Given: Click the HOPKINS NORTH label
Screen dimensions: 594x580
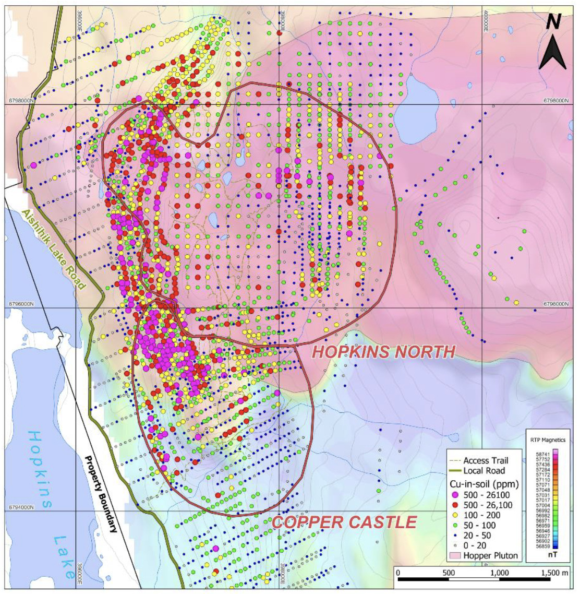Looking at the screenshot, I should pyautogui.click(x=383, y=352).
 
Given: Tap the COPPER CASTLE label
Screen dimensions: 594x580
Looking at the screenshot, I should pyautogui.click(x=344, y=522).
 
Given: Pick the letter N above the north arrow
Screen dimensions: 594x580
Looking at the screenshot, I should pyautogui.click(x=553, y=21).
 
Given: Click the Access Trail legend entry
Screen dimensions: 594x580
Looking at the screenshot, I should pyautogui.click(x=486, y=460).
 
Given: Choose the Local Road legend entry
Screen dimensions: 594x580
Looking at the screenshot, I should pyautogui.click(x=484, y=470).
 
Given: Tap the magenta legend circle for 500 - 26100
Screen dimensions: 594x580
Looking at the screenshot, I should pyautogui.click(x=455, y=495).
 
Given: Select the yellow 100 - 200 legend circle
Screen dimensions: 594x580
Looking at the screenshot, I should pyautogui.click(x=455, y=515).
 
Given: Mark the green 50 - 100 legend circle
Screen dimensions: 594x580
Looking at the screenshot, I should pyautogui.click(x=455, y=526).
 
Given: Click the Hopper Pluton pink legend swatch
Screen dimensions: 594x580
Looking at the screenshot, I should pyautogui.click(x=455, y=555).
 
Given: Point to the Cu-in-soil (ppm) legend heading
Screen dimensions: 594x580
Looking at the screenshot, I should pyautogui.click(x=479, y=483).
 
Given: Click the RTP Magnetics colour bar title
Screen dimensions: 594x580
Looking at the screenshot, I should pyautogui.click(x=548, y=440).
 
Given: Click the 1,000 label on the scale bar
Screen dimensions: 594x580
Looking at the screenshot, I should pyautogui.click(x=499, y=573).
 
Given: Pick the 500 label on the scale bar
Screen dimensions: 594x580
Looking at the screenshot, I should pyautogui.click(x=449, y=573).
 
